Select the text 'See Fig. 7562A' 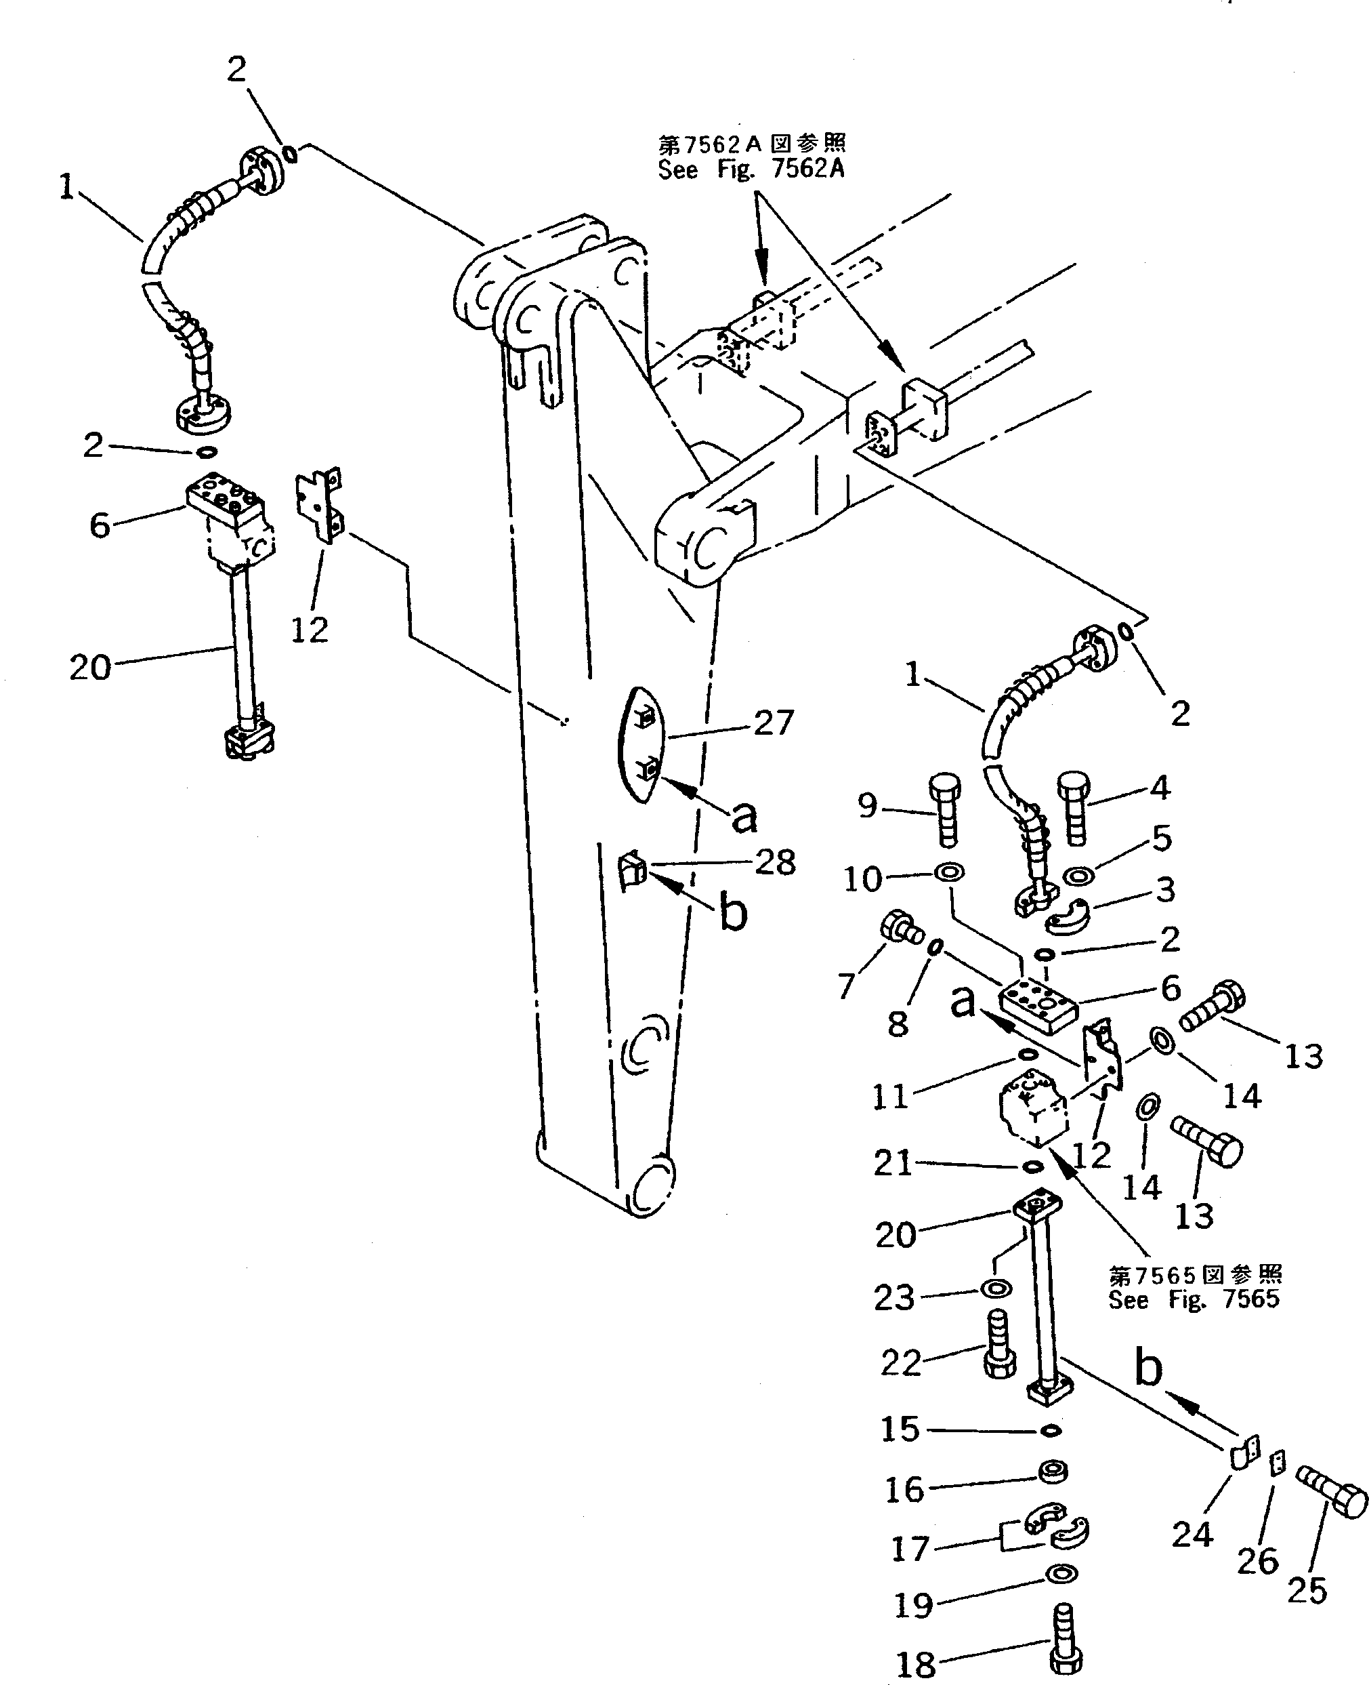[751, 169]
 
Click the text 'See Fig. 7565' [1193, 1299]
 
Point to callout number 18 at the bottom [916, 1665]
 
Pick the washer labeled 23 [996, 1289]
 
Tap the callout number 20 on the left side [90, 668]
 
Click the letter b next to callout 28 [734, 914]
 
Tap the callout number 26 [1257, 1560]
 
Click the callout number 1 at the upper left [67, 188]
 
